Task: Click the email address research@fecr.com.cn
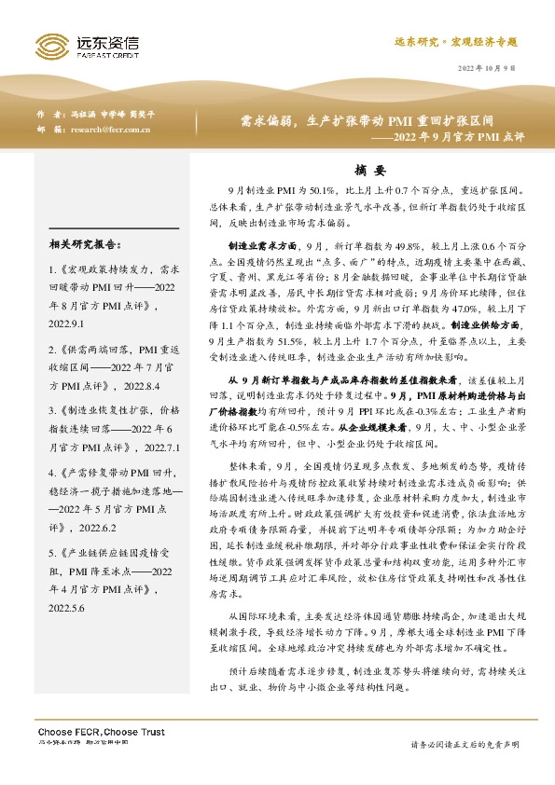click(x=110, y=130)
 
